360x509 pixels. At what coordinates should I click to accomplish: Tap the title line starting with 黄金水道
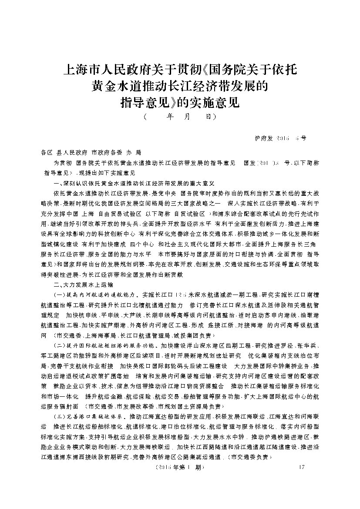click(x=180, y=87)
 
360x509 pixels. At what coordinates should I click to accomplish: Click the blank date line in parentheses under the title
click(x=180, y=117)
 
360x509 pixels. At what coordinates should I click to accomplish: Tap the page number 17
click(x=298, y=468)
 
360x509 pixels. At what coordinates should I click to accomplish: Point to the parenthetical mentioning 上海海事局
click(x=132, y=336)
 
